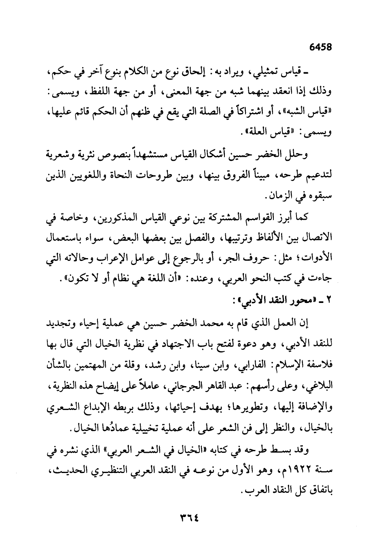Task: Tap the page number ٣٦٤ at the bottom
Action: pyautogui.click(x=191, y=518)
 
